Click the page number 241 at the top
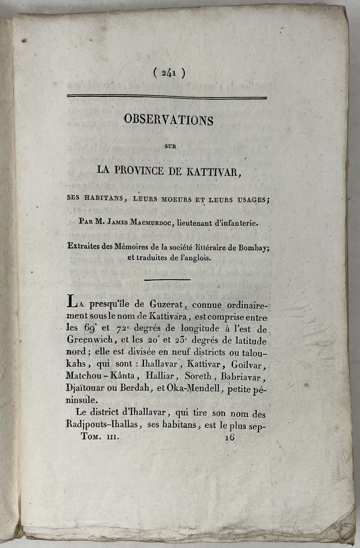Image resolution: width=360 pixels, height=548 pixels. coord(168,73)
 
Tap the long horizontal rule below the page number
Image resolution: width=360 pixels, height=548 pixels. coord(167,97)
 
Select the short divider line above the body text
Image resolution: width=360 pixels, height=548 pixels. coord(167,279)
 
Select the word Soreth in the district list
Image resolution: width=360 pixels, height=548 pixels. coord(198,377)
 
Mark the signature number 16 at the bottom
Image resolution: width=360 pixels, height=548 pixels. coord(229,437)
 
